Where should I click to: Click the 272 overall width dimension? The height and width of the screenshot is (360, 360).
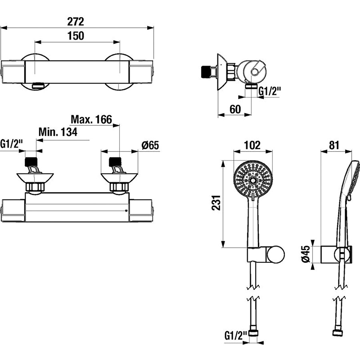click(x=76, y=22)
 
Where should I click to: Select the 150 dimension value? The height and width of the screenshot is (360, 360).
click(x=76, y=36)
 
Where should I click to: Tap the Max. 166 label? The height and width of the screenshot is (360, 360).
click(x=91, y=119)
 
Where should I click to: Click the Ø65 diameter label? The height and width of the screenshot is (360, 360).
click(x=150, y=145)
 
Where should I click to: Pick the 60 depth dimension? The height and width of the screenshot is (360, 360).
click(x=235, y=109)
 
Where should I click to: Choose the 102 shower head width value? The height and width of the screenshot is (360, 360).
click(x=252, y=145)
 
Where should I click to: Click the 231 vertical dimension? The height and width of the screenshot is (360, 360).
click(x=216, y=203)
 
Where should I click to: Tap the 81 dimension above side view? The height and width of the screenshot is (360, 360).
click(x=334, y=145)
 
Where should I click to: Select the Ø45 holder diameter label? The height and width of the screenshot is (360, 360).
click(x=306, y=254)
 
